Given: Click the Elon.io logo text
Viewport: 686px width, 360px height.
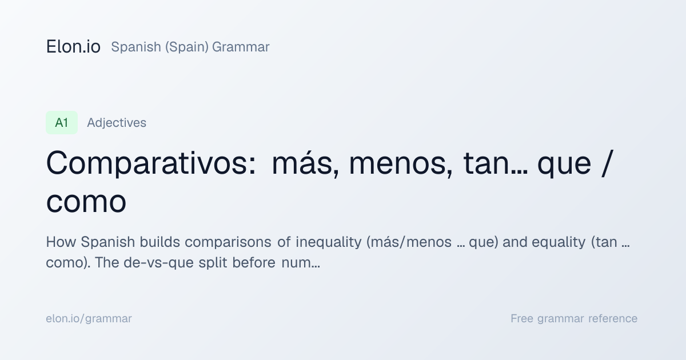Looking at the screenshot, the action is pyautogui.click(x=73, y=47).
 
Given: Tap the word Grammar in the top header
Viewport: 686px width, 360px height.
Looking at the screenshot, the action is pyautogui.click(x=241, y=47).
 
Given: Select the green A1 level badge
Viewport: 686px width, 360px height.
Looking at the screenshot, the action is pyautogui.click(x=62, y=122).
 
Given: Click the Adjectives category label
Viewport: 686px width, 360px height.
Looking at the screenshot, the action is pyautogui.click(x=117, y=123).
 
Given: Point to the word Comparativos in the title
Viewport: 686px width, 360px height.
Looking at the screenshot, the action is pyautogui.click(x=151, y=164).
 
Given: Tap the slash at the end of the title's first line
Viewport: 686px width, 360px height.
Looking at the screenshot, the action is pyautogui.click(x=608, y=163).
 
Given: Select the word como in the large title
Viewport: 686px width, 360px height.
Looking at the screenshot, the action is pyautogui.click(x=86, y=202).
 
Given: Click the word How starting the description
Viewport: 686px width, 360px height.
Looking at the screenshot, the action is pyautogui.click(x=61, y=242).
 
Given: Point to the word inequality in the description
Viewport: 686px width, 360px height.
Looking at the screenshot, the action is pyautogui.click(x=328, y=242).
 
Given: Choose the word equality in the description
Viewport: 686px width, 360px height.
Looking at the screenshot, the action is pyautogui.click(x=559, y=242).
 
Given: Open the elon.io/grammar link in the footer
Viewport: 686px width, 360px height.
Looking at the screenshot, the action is pyautogui.click(x=89, y=319).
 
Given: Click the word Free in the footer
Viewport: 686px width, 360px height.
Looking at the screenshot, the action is pyautogui.click(x=522, y=318).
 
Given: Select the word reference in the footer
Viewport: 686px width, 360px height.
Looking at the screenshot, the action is pyautogui.click(x=613, y=319).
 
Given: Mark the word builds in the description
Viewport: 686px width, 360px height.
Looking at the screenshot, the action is pyautogui.click(x=160, y=242).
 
